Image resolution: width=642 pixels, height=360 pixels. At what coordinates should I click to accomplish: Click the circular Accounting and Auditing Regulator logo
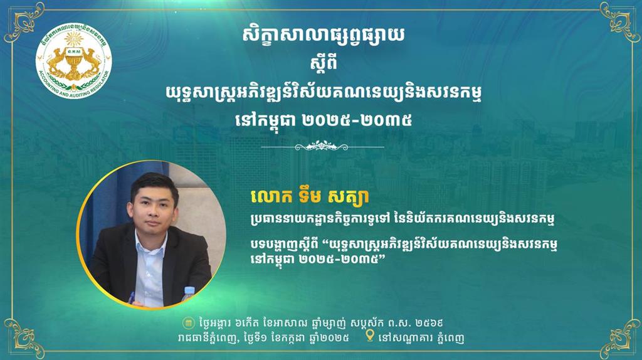point(73,61)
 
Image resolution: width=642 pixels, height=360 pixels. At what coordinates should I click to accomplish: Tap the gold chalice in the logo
point(73,62)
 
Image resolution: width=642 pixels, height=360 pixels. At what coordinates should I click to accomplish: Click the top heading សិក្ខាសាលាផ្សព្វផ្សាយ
point(323,36)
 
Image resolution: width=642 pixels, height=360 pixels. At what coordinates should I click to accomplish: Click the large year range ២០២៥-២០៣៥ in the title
point(356,120)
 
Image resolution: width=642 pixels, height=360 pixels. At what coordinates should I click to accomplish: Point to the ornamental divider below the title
point(322,146)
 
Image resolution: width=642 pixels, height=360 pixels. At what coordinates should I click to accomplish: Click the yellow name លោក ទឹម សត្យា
point(310,196)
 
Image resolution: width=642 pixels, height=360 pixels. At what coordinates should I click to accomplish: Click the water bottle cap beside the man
point(189,290)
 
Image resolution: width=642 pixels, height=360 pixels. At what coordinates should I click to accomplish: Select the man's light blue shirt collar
point(150,240)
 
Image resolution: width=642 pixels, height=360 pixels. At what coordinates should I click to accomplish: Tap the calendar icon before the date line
point(188,323)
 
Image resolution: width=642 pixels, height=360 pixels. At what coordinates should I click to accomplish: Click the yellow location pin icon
point(370,336)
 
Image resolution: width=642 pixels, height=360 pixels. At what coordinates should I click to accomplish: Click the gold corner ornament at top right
point(619,23)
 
